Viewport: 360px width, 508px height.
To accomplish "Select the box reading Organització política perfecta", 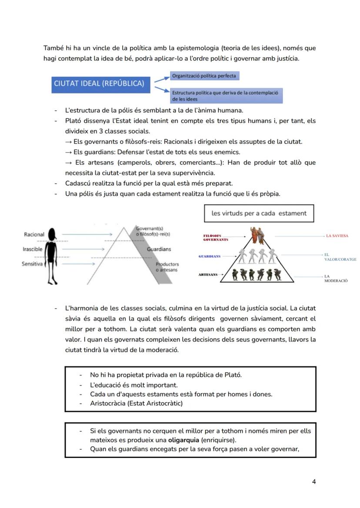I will tap(203, 76).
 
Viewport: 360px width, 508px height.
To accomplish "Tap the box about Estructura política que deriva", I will tap(226, 96).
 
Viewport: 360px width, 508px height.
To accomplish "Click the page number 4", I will tap(314, 481).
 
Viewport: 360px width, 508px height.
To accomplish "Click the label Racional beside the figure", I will tap(34, 235).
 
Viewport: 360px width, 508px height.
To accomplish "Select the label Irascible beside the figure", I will tap(33, 249).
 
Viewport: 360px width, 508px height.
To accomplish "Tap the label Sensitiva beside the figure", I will tap(33, 264).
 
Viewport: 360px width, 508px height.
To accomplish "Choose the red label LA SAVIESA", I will tap(337, 236).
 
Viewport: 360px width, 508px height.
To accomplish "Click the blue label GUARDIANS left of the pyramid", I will tap(209, 256).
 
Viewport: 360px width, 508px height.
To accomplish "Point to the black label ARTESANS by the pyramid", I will tap(208, 275).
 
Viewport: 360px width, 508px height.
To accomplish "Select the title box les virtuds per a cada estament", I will tap(259, 213).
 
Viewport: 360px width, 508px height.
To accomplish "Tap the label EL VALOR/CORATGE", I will tap(340, 257).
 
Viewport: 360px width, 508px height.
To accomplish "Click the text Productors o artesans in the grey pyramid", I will tap(167, 267).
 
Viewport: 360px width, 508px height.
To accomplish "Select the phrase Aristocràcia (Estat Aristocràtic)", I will tap(136, 403).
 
